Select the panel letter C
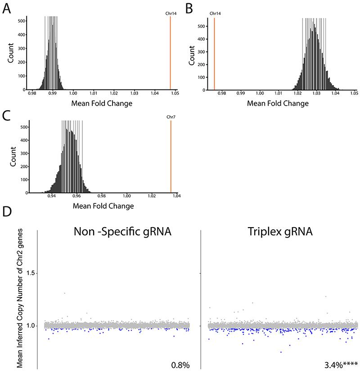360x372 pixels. [7, 116]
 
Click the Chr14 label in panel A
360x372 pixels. [170, 13]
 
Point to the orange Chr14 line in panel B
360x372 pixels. [214, 54]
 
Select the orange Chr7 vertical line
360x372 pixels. [171, 157]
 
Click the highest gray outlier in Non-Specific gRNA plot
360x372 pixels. [65, 293]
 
